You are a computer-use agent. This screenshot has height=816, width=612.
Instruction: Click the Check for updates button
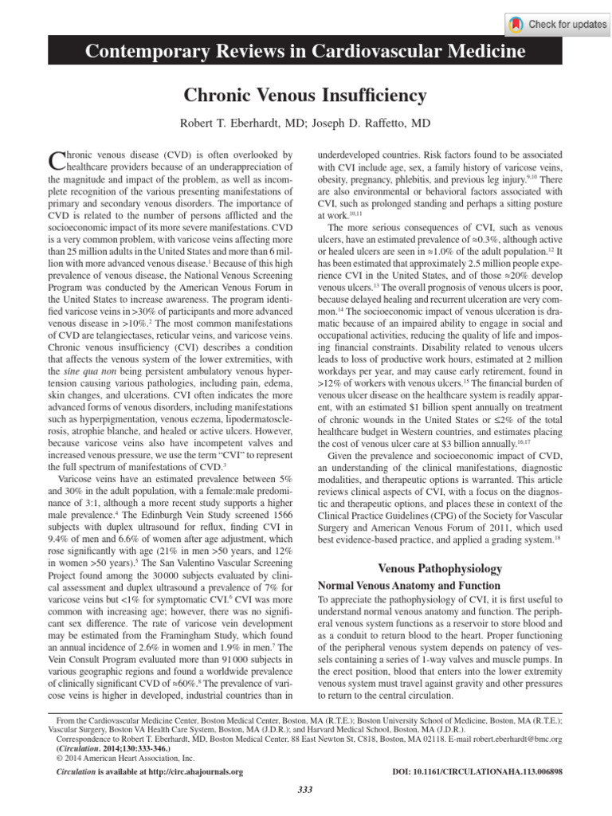tap(557, 24)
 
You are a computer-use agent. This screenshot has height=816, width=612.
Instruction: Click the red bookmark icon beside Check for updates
tap(517, 25)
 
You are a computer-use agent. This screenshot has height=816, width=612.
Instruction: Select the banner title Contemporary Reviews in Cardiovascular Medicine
tap(306, 52)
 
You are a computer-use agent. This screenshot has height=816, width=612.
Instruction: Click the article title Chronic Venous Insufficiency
tap(306, 96)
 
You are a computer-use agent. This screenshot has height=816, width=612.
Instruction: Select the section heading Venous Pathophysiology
tap(439, 568)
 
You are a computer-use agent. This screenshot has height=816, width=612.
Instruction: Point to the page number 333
tap(304, 789)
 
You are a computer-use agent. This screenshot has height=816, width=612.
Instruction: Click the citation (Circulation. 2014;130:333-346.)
tap(103, 748)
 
